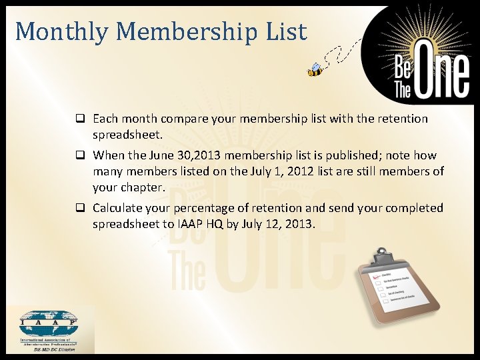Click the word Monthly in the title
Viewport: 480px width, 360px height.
coord(53,31)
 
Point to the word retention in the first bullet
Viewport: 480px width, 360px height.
coord(400,119)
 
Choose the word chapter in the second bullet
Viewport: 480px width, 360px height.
coord(141,187)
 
